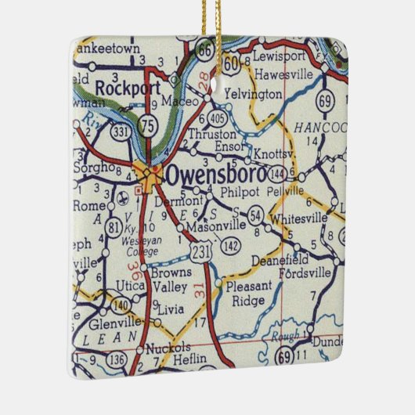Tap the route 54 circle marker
tap(255, 215)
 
